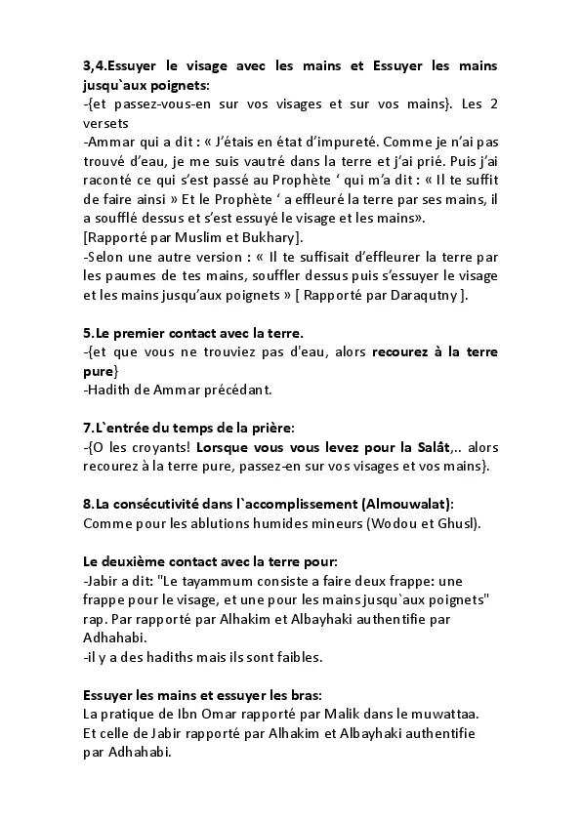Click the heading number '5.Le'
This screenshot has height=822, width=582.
(x=98, y=334)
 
